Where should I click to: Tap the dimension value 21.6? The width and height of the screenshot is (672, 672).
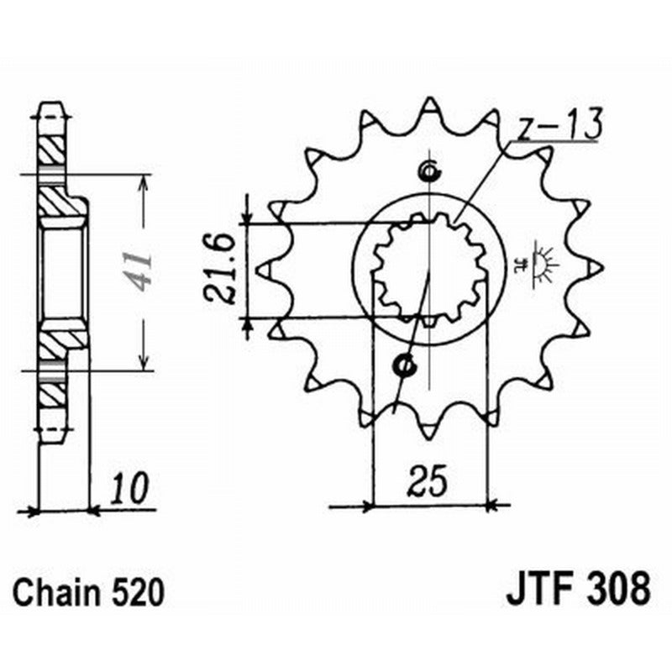pos(220,270)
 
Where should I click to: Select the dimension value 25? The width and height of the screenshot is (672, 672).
pos(428,480)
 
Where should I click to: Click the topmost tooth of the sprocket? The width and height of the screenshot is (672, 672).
pos(429,106)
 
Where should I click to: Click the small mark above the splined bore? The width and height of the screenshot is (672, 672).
pos(428,173)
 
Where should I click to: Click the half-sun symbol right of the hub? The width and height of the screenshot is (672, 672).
pos(542,264)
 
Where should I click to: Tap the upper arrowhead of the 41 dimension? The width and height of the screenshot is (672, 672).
pos(145,182)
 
